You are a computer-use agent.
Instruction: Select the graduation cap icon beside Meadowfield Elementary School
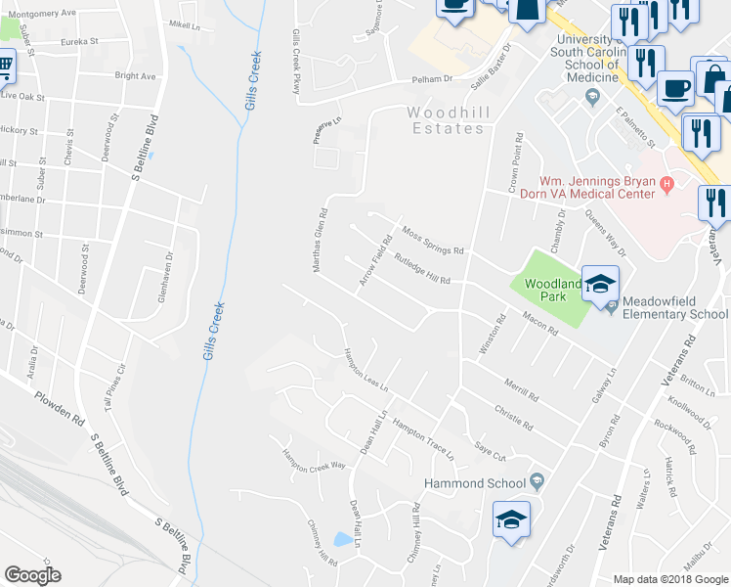pos(601,283)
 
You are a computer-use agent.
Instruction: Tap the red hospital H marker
pos(667,182)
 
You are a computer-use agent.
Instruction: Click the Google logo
pos(32,575)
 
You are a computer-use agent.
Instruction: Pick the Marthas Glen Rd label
pos(320,239)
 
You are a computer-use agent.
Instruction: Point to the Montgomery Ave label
pos(40,13)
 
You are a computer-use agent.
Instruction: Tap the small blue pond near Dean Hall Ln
pos(343,539)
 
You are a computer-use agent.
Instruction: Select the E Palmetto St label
pos(634,129)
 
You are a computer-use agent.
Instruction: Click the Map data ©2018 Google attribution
pos(670,579)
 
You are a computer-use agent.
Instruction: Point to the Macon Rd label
pos(539,325)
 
